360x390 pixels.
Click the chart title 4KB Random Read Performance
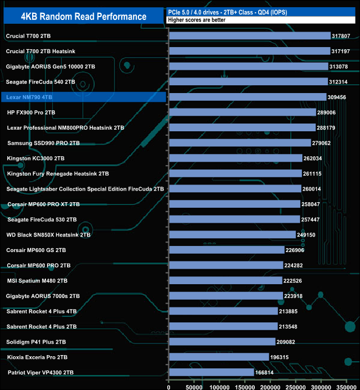[x=84, y=16]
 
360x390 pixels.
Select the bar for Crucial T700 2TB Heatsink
[x=249, y=51]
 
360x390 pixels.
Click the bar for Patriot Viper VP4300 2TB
[x=211, y=373]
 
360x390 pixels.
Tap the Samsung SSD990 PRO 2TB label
[x=44, y=143]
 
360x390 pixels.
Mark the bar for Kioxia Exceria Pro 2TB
[x=219, y=357]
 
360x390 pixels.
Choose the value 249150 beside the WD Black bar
[x=308, y=235]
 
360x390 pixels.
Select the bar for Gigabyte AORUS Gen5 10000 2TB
[x=248, y=66]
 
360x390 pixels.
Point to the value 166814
[x=266, y=373]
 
